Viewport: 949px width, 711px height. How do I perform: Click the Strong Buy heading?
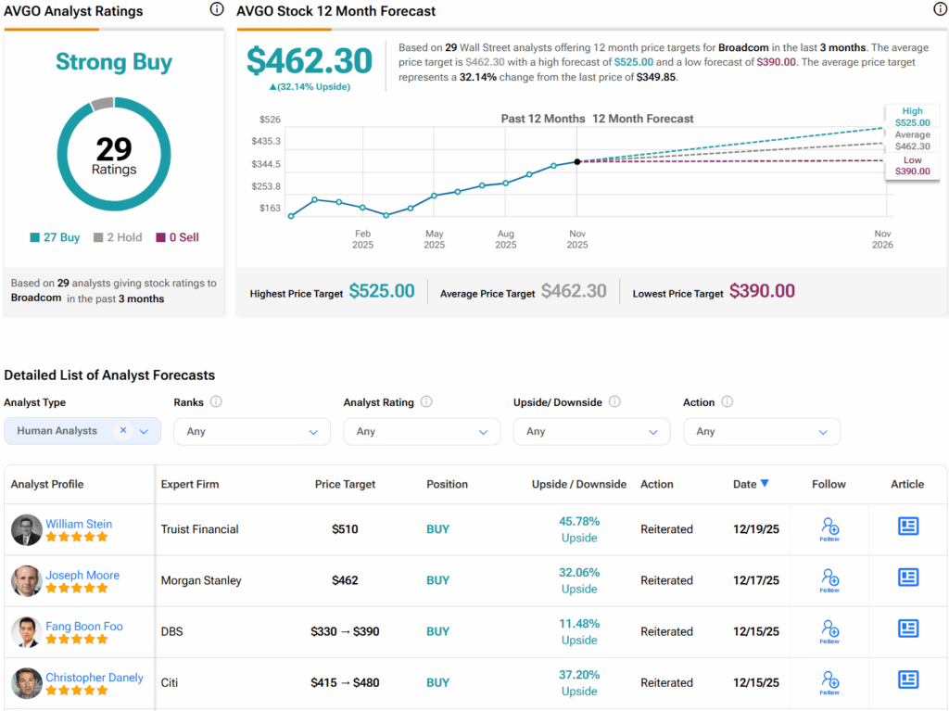pos(114,62)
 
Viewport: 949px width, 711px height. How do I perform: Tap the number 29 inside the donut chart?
pos(114,149)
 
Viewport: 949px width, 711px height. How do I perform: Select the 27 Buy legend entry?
pos(55,237)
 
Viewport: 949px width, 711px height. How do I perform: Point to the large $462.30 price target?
pos(310,61)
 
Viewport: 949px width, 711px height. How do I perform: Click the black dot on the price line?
pos(577,161)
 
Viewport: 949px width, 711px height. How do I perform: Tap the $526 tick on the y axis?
pos(270,120)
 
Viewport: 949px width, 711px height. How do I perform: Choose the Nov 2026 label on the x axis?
pos(882,239)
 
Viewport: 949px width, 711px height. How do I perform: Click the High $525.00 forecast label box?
pos(912,117)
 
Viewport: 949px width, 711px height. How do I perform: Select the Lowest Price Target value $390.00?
pos(762,291)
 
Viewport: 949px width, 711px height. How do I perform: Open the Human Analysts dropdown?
pos(82,431)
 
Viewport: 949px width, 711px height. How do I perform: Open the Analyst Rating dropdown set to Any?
pos(422,431)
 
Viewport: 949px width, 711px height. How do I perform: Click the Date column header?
pos(751,484)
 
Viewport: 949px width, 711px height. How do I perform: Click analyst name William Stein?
pos(79,524)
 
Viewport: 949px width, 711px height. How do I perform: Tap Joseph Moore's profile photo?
pos(26,581)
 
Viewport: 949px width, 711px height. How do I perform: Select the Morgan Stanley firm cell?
pos(201,580)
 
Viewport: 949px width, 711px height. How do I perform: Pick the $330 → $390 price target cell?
pos(345,631)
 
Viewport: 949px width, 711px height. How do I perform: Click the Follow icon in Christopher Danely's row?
pos(829,682)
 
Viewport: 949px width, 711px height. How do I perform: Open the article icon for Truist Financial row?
pos(908,527)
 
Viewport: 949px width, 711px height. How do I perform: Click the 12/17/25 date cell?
pos(756,580)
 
